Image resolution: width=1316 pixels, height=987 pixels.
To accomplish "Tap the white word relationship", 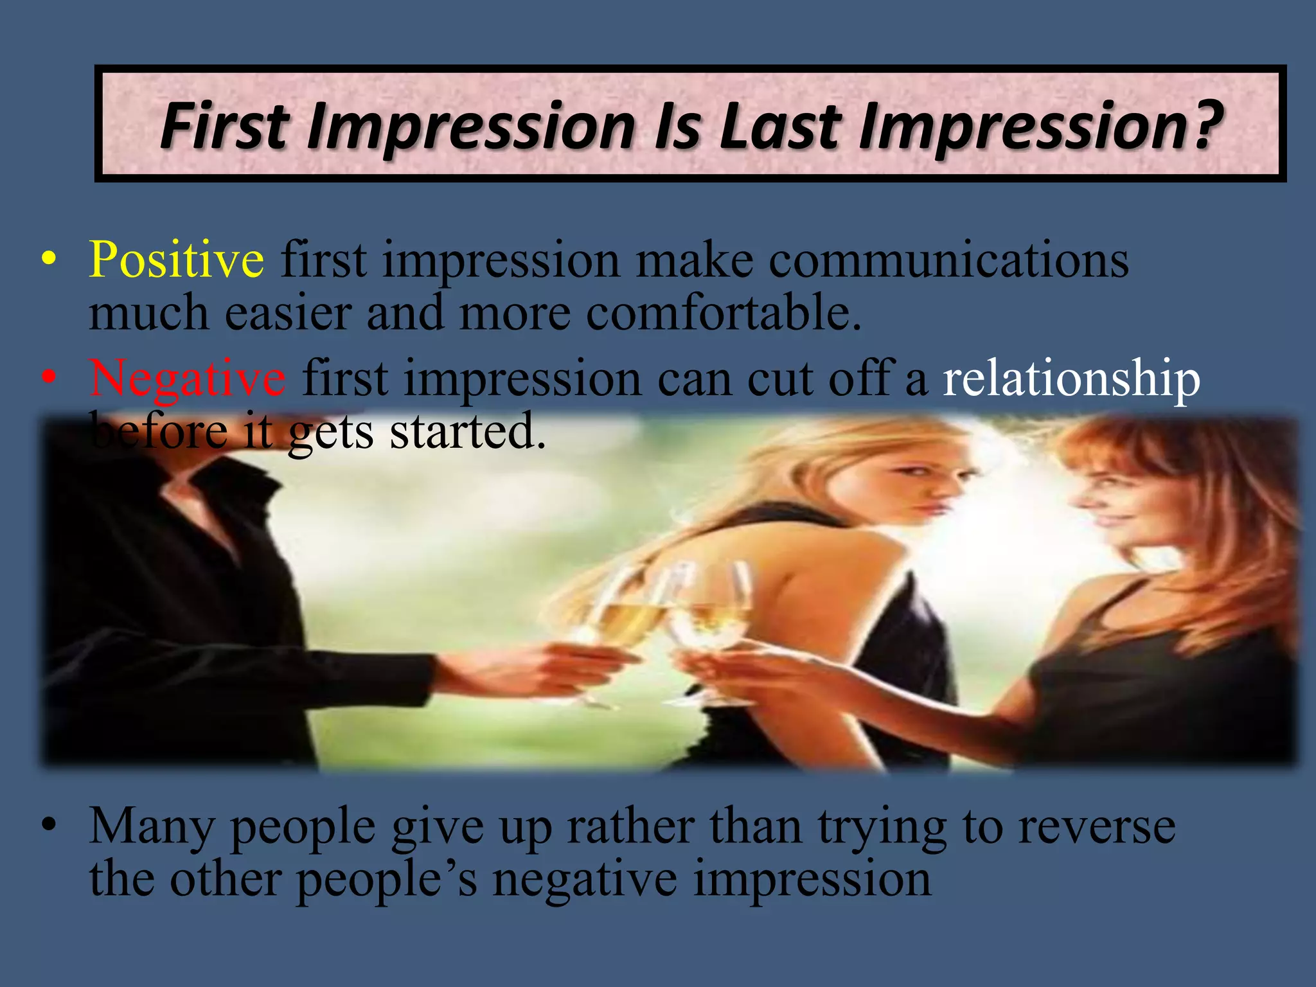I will pyautogui.click(x=1071, y=379).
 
